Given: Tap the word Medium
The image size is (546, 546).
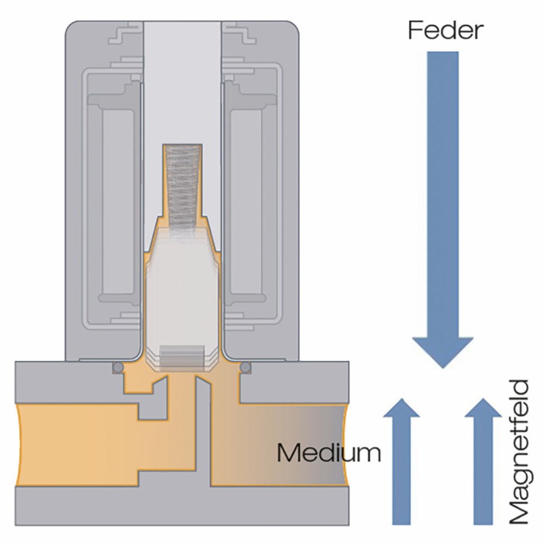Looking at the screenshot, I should click(329, 453).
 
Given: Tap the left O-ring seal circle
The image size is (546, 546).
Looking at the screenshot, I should click(118, 367).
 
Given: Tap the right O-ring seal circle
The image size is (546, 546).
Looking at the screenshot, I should click(246, 367).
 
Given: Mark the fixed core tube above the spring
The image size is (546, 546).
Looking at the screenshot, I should click(182, 84).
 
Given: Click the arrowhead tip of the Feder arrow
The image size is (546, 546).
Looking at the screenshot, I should click(442, 365).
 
